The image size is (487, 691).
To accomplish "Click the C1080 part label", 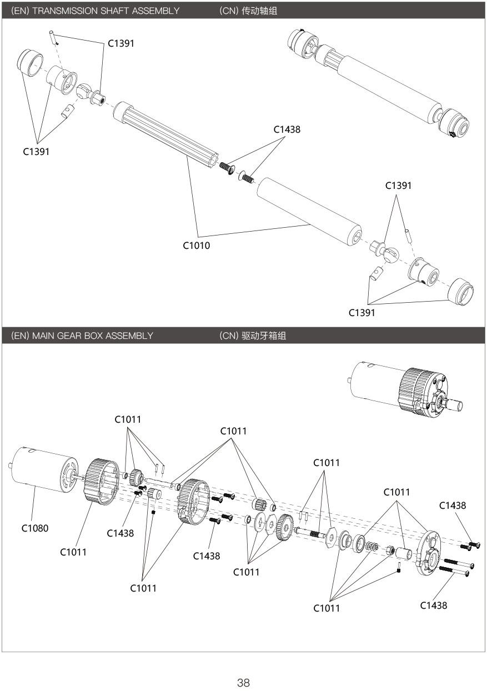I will click(x=35, y=528).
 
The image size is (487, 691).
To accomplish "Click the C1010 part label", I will click(x=197, y=245).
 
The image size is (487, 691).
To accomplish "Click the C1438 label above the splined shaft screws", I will click(x=287, y=129).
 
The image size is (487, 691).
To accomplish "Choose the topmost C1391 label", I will click(x=121, y=43).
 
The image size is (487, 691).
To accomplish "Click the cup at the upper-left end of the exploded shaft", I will click(x=31, y=61).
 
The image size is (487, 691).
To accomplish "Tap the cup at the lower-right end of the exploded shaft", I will click(x=461, y=292).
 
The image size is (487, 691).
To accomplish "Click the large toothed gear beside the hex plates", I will click(x=285, y=527).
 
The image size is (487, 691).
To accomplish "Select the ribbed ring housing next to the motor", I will click(x=101, y=481).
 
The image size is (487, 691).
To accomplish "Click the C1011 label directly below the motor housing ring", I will click(x=73, y=552).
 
